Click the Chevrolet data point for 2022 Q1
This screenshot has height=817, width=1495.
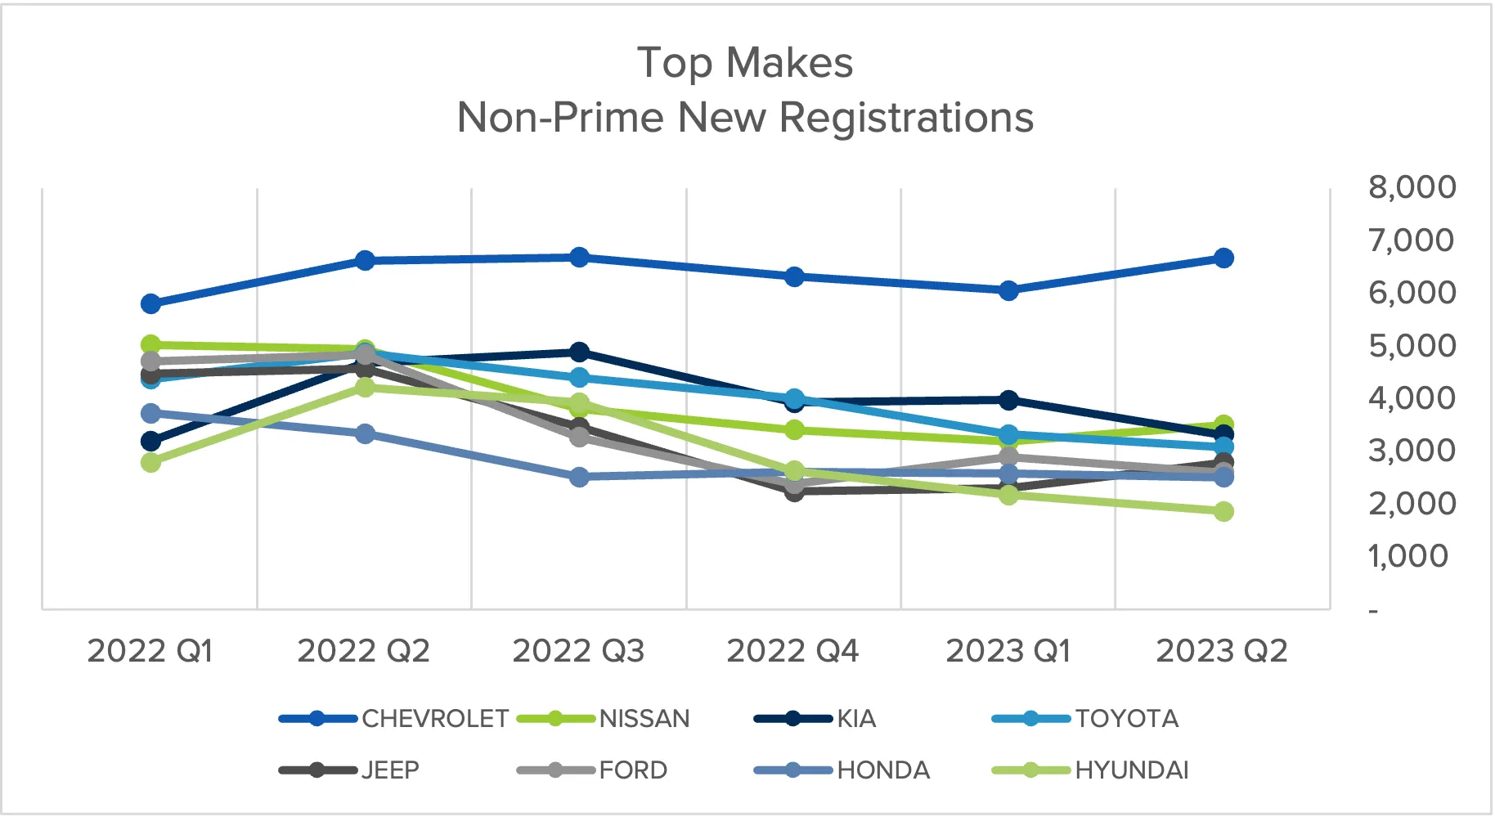[150, 304]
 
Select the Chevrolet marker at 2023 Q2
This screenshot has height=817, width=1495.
[1223, 258]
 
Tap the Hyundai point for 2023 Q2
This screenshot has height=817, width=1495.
[1223, 512]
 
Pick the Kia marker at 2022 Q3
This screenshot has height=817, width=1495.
[579, 352]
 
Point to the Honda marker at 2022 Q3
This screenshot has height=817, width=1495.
[579, 477]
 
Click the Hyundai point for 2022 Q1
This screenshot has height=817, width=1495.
[150, 463]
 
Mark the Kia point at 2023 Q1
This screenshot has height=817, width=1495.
[1008, 400]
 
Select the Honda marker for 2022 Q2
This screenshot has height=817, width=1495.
[365, 433]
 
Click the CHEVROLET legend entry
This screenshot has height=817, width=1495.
[434, 719]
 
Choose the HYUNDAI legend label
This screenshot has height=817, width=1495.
[1131, 770]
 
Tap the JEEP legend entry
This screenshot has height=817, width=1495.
[390, 770]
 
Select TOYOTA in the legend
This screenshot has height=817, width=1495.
[1126, 719]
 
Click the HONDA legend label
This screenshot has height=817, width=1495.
[883, 770]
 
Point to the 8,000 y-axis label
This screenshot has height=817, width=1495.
[1412, 187]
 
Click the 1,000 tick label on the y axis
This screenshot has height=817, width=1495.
[1408, 556]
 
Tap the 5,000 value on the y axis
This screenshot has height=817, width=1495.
[1412, 345]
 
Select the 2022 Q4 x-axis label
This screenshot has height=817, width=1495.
[792, 651]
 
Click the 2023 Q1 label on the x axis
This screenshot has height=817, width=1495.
[1008, 651]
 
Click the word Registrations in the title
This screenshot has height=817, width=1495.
[906, 118]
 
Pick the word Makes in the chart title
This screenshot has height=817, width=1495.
[789, 63]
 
